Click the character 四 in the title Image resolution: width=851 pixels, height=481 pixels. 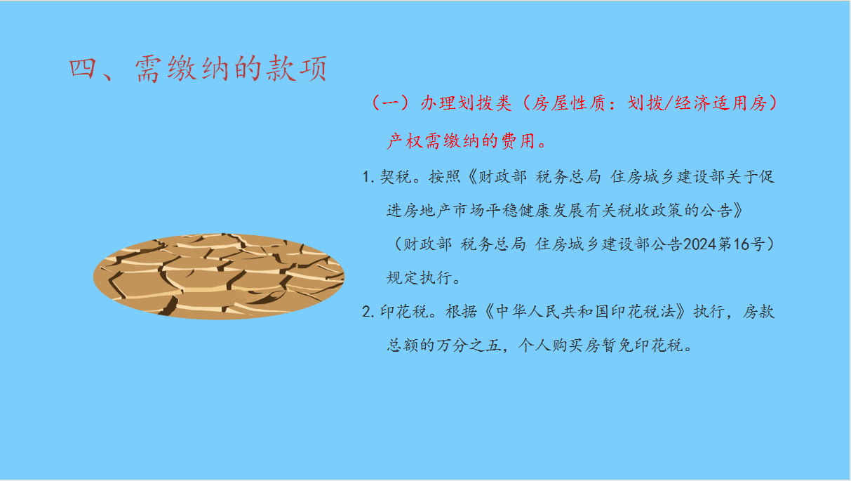[82, 69]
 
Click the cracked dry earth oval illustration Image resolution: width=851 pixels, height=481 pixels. [219, 277]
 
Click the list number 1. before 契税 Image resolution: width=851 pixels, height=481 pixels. [368, 177]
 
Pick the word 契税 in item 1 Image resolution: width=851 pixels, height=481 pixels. [396, 177]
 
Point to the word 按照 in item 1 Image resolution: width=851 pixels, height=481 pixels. [445, 177]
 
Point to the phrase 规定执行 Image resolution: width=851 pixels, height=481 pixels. [420, 278]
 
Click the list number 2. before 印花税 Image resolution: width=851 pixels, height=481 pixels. [368, 312]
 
